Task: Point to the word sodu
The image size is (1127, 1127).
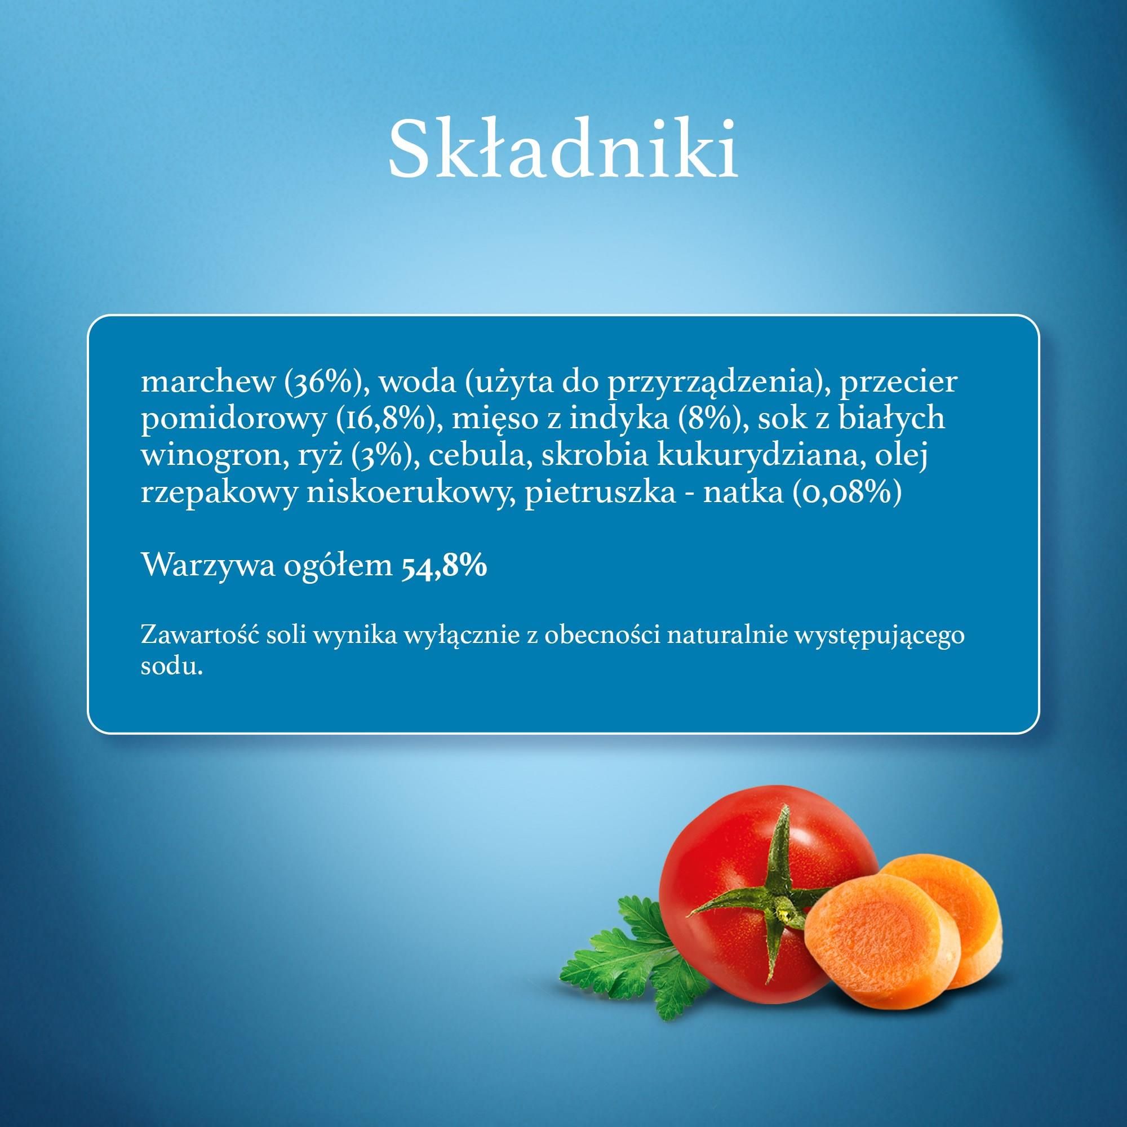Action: point(171,667)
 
